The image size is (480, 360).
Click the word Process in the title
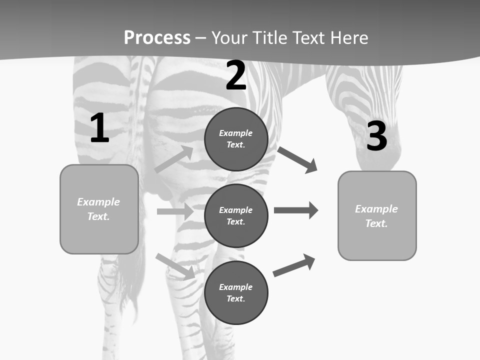[157, 38]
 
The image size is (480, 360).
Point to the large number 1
[99, 128]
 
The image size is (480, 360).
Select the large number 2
[236, 75]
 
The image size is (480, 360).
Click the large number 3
[377, 136]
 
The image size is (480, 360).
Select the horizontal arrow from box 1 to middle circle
[175, 211]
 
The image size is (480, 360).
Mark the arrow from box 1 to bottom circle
[175, 266]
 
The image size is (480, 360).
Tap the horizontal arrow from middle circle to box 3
[296, 210]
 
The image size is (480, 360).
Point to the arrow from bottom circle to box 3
[294, 265]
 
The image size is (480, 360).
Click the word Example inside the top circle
[235, 133]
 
